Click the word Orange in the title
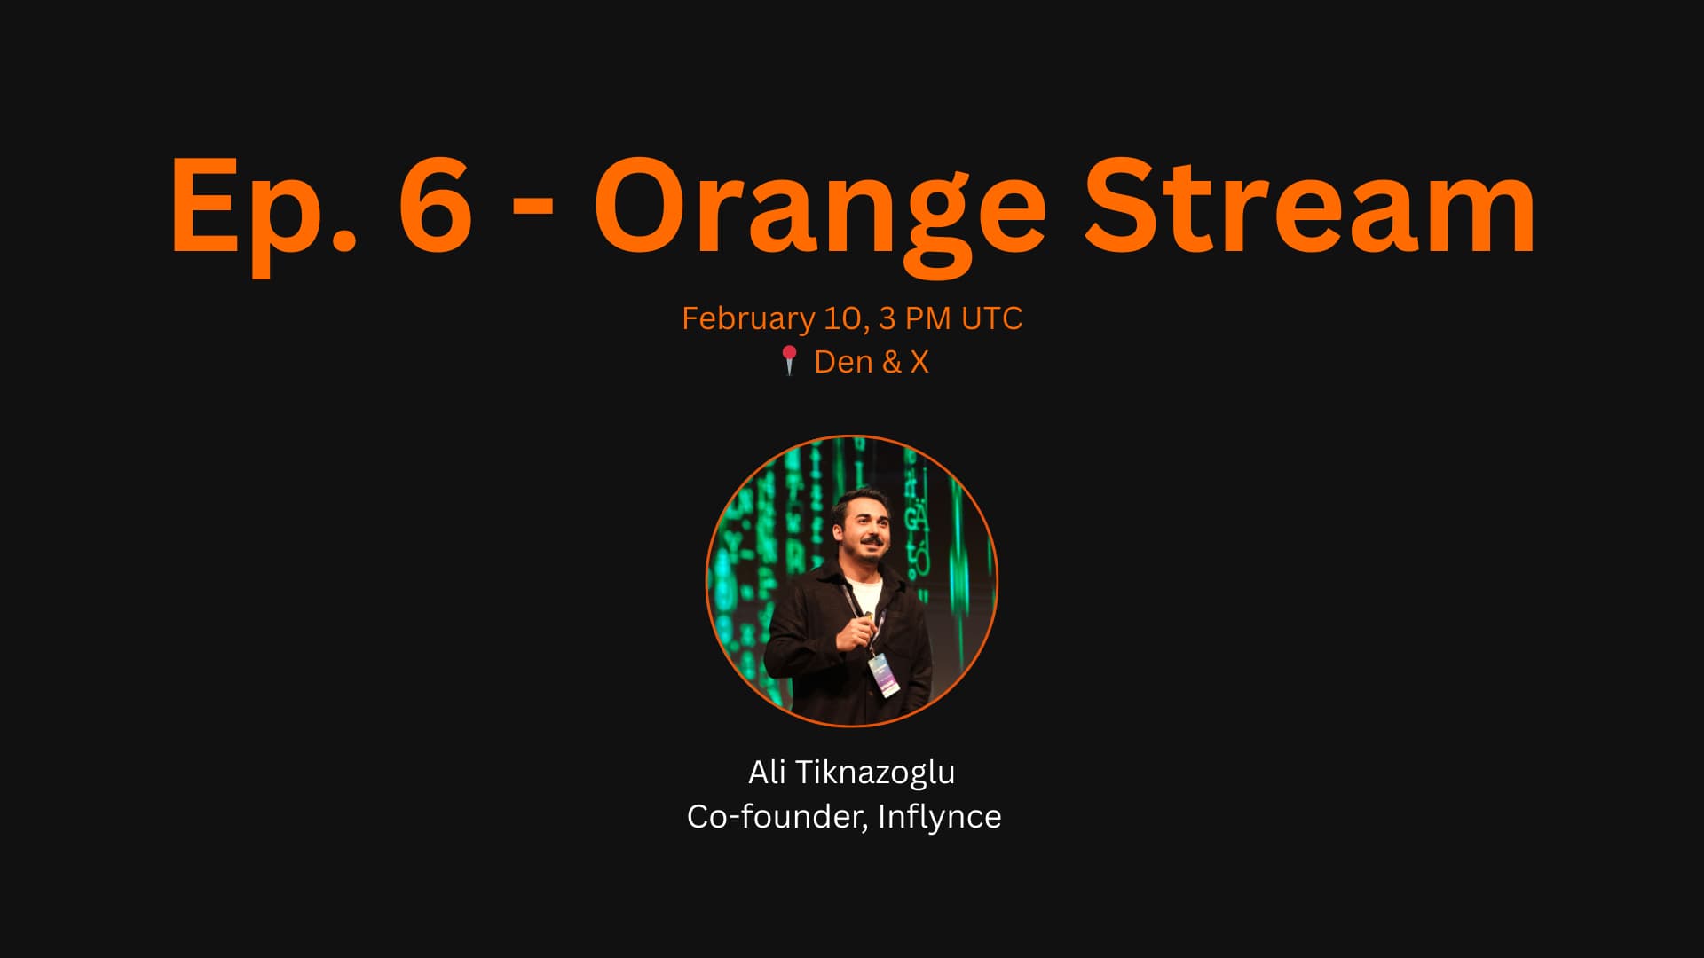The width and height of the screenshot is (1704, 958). (x=821, y=213)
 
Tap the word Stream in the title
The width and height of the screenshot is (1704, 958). (x=1310, y=205)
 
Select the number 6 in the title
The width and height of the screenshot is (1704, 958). (x=435, y=205)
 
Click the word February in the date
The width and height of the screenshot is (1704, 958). (x=748, y=319)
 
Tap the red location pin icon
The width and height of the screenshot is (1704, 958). (x=789, y=360)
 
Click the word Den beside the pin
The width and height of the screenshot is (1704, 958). (x=843, y=362)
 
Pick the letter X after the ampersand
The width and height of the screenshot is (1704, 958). (x=919, y=362)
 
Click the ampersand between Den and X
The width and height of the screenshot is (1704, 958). (x=891, y=362)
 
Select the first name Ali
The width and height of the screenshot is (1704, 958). (x=767, y=772)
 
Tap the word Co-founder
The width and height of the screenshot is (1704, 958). (x=777, y=817)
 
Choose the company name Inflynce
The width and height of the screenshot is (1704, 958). (x=939, y=817)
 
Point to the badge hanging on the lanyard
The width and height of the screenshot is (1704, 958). (x=883, y=675)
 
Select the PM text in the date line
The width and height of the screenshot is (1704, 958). (x=928, y=318)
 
